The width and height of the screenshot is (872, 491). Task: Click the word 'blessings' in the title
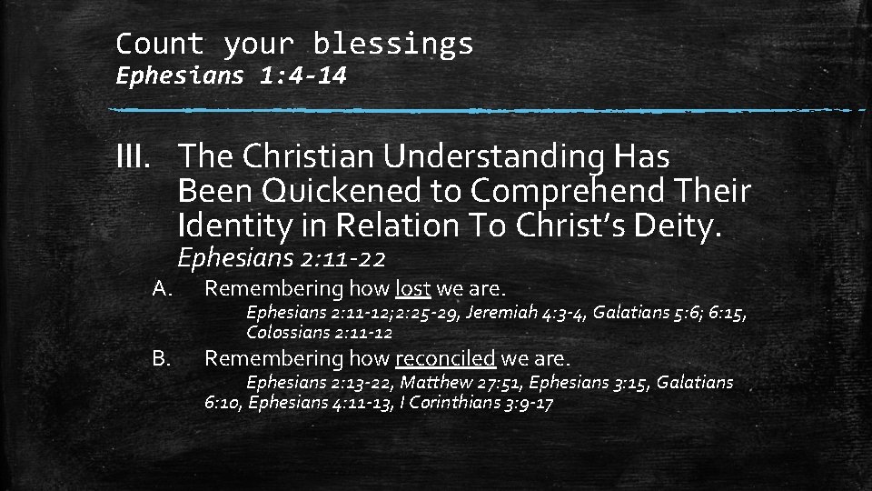point(392,44)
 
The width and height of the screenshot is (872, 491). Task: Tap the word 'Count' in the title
point(160,44)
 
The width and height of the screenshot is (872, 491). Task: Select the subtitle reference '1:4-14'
point(302,75)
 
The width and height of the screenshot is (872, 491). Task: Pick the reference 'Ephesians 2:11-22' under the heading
point(282,259)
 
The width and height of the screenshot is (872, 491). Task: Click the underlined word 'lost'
point(413,289)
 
